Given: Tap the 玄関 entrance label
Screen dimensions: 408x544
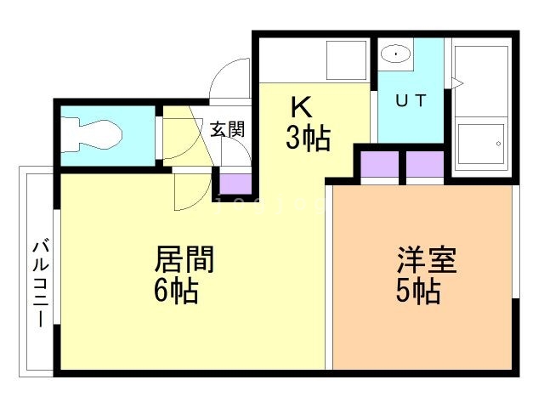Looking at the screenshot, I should (x=227, y=130).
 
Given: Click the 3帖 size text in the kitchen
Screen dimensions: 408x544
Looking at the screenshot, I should (x=307, y=138).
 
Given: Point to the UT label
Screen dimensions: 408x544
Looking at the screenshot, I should (x=410, y=99).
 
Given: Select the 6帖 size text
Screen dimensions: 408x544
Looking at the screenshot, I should (x=176, y=291).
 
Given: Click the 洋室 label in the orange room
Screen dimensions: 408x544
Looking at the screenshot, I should (x=426, y=259).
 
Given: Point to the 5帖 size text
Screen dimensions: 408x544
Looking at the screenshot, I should (x=417, y=291).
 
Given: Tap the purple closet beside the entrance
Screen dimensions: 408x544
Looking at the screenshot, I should (x=235, y=183).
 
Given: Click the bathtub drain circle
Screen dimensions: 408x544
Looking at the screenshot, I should (x=499, y=144).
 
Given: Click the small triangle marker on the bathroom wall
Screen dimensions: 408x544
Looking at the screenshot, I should (x=456, y=82).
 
